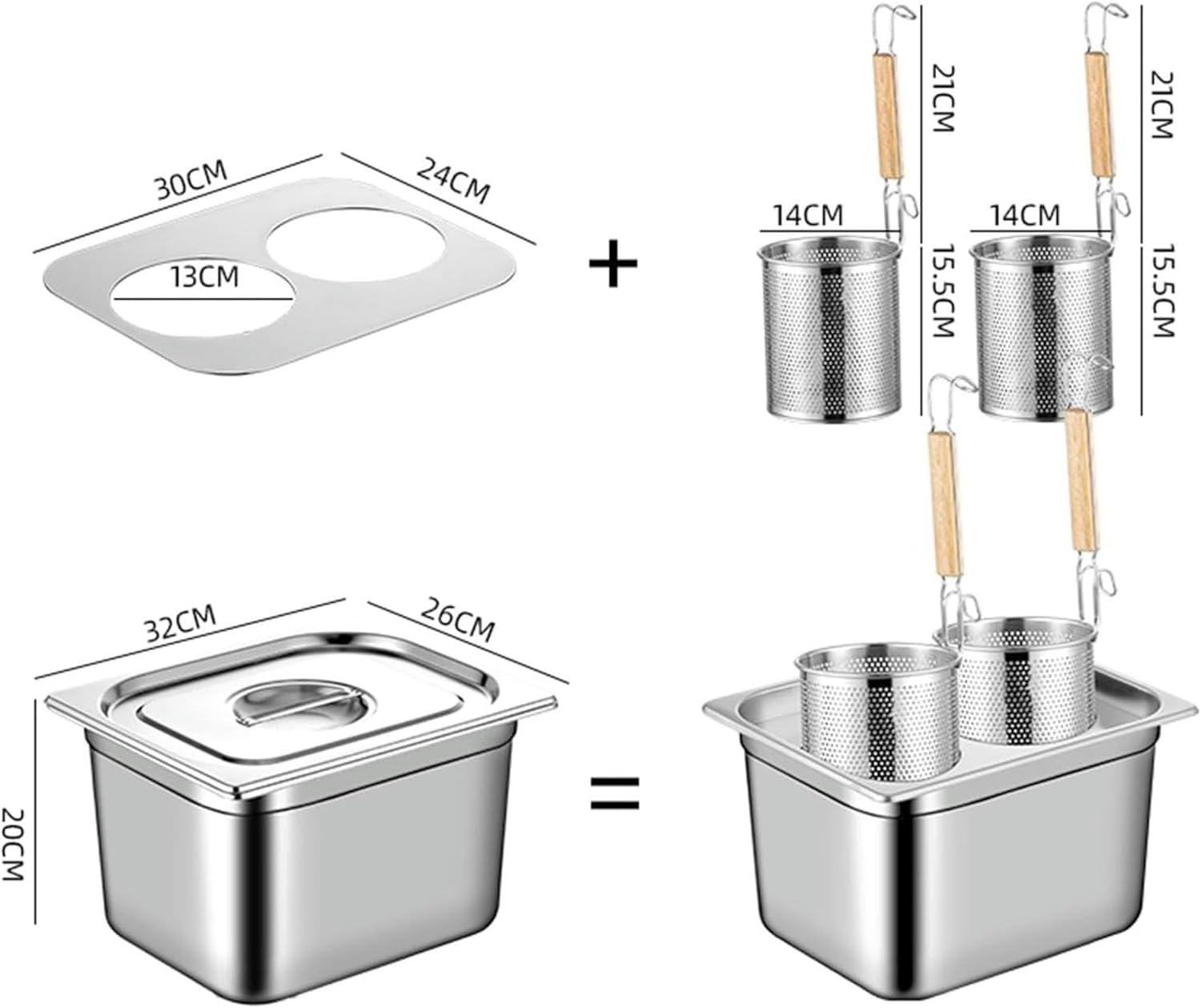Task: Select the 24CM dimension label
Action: (452, 180)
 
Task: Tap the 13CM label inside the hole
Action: (204, 277)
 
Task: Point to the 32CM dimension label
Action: (181, 624)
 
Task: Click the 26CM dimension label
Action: (458, 619)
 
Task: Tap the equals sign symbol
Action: (615, 793)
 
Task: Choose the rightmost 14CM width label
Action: (1025, 215)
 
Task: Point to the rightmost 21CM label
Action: (1161, 104)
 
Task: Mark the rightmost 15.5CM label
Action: (1161, 291)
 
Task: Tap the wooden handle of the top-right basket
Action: (1099, 116)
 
